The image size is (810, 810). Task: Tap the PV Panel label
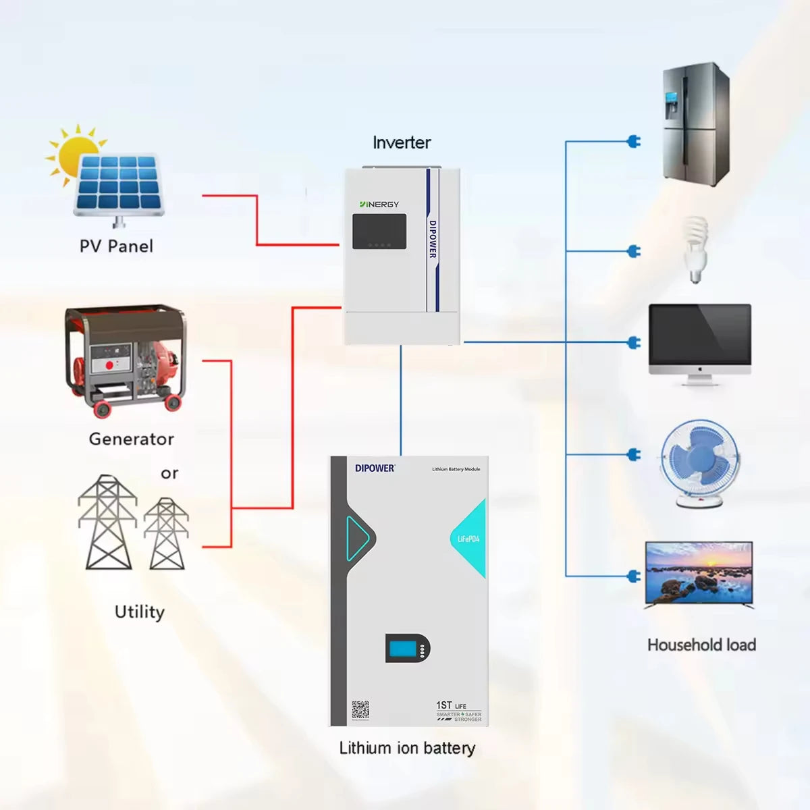[116, 246]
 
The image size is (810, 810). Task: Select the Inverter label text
[402, 142]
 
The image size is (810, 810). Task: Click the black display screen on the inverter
[379, 232]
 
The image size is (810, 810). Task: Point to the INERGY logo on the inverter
[379, 204]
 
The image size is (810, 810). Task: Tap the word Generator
[132, 439]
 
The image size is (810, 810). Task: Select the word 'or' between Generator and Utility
[169, 473]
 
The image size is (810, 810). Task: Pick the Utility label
[140, 612]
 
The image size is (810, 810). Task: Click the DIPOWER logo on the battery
[375, 468]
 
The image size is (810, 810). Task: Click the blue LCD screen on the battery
[404, 649]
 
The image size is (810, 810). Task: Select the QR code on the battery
[360, 710]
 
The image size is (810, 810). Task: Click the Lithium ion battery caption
[407, 748]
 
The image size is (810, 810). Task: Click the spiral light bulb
[695, 248]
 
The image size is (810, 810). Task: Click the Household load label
[701, 645]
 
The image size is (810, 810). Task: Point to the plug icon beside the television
[634, 576]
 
